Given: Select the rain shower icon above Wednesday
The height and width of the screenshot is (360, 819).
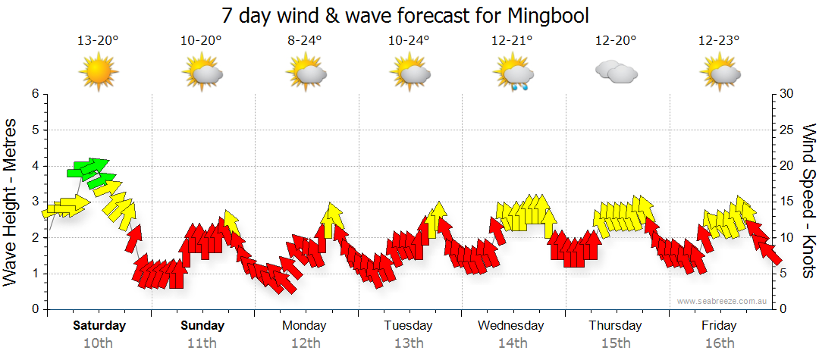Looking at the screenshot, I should click(513, 74).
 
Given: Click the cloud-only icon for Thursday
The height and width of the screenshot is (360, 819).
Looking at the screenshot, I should click(616, 72).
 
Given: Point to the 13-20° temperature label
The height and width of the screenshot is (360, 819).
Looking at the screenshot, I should click(98, 41).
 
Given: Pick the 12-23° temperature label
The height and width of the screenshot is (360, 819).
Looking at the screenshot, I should click(719, 41).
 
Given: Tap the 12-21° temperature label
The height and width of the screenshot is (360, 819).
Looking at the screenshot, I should click(512, 41).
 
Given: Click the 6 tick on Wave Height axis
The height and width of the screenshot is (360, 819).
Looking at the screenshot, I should click(35, 94).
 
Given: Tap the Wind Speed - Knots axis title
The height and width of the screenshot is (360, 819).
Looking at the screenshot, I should click(808, 201).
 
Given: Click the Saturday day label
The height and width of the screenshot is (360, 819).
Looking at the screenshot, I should click(99, 326).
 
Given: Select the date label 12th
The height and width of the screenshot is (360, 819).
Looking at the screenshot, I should click(305, 343).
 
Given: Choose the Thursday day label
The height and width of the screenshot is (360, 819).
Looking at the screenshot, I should click(615, 326).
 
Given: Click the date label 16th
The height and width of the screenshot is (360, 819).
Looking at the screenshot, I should click(719, 343).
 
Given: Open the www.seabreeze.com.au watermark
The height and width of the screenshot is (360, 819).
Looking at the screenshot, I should click(722, 301).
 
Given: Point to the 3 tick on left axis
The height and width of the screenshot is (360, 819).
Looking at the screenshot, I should click(35, 202).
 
